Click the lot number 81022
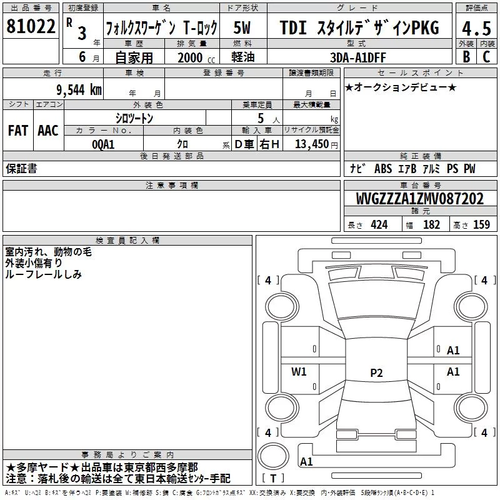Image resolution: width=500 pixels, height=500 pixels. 31,26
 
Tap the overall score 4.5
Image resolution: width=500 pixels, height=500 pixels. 476,28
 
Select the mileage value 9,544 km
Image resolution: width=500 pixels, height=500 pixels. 79,90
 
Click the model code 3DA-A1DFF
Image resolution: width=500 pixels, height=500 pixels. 357,57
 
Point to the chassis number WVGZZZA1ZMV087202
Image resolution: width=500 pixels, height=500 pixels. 420,199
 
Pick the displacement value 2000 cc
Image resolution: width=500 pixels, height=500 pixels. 196,57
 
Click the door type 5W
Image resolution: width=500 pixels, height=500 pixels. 242,27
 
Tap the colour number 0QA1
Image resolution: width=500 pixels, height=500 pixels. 103,144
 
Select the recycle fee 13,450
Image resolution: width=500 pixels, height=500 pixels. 312,144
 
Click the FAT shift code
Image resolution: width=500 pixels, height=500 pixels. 18,131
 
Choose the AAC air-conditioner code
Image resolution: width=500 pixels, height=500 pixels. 48,131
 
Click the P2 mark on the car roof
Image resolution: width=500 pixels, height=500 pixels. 376,372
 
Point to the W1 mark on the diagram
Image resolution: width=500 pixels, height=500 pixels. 299,371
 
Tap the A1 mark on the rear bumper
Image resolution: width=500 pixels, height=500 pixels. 306,461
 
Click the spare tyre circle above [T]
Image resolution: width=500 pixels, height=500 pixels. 273,456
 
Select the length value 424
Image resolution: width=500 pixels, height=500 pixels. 379,225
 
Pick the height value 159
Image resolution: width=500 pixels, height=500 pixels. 481,224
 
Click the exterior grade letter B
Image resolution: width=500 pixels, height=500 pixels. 466,57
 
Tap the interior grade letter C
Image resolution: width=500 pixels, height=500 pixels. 486,57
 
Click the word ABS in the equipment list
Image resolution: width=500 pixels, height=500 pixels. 383,169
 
